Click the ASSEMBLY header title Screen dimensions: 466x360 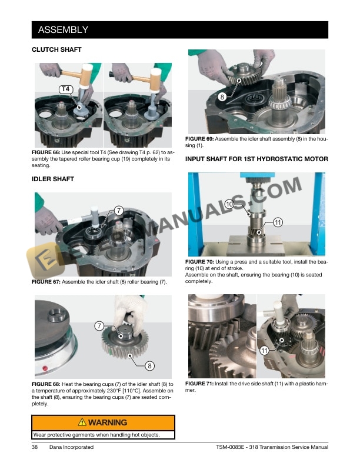63,29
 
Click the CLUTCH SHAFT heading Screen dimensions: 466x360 56,50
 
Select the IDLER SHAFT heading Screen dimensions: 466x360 53,178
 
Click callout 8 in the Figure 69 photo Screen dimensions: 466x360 222,96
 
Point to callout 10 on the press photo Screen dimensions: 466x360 229,204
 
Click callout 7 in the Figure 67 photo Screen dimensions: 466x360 118,210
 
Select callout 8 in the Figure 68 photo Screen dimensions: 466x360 150,366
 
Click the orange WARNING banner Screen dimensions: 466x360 103,422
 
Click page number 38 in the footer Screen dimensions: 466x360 35,448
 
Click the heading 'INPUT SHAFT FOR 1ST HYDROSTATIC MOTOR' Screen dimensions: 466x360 256,159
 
